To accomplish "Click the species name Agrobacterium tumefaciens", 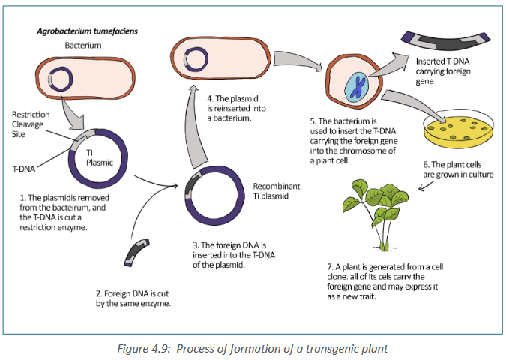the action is [x=87, y=31].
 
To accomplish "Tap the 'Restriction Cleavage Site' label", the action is [x=31, y=124].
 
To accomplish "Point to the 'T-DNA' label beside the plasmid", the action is [x=23, y=169].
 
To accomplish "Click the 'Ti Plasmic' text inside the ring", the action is [x=100, y=157].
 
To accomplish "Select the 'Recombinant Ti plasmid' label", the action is [x=276, y=191].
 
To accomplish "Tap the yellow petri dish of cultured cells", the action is [x=458, y=128].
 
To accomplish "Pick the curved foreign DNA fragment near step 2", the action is [x=136, y=252].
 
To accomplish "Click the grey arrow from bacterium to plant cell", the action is [x=297, y=60].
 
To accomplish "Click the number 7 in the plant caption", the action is [x=330, y=267].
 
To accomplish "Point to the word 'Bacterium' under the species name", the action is [x=83, y=46].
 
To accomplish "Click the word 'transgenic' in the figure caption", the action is [x=334, y=349].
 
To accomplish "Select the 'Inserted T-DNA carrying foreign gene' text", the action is [x=443, y=71].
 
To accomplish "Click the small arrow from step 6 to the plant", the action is [x=426, y=186].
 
